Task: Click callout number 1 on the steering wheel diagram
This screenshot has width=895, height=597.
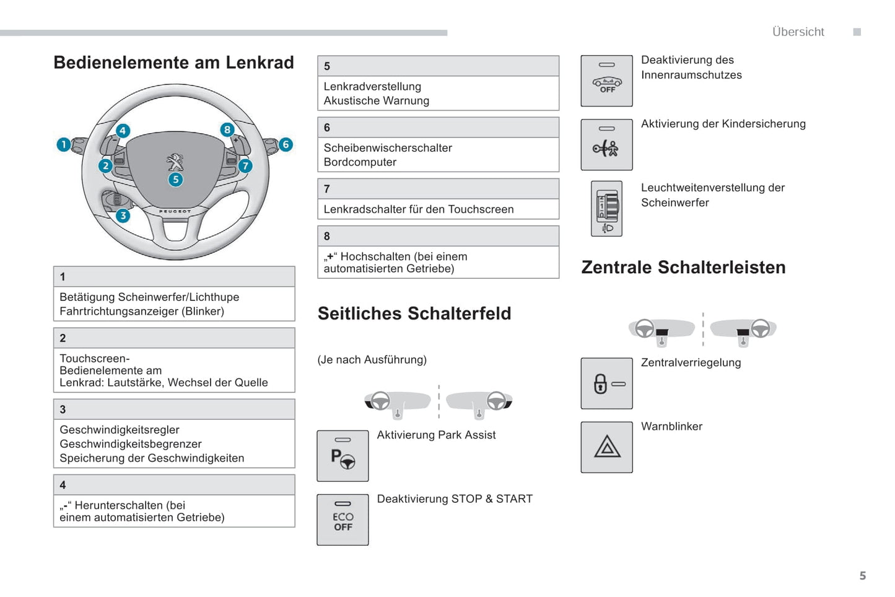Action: [x=63, y=145]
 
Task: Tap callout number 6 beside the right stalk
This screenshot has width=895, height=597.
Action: [x=286, y=144]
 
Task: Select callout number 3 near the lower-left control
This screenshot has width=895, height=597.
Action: [x=123, y=216]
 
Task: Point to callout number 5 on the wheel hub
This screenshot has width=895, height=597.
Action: [x=176, y=180]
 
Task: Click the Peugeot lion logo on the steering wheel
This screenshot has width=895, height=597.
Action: [x=175, y=162]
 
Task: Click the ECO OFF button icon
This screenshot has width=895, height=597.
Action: [x=343, y=520]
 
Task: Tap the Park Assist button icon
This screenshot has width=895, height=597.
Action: [x=343, y=456]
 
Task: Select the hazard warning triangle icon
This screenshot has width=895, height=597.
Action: [x=607, y=447]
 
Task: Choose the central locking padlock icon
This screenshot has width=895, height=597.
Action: [x=606, y=383]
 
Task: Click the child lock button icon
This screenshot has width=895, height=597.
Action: [x=606, y=145]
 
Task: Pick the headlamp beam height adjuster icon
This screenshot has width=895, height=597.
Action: [x=607, y=209]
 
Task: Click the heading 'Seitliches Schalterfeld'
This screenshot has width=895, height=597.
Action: [x=414, y=313]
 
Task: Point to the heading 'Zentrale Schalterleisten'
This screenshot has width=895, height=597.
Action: [x=683, y=268]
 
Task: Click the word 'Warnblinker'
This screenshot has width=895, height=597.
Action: [x=671, y=427]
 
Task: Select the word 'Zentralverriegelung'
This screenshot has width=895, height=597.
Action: [x=691, y=363]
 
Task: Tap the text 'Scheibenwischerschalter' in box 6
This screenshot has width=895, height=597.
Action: [x=388, y=148]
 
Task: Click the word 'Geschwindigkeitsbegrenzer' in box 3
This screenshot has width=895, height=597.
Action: [x=131, y=444]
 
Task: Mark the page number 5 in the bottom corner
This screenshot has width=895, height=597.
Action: [x=863, y=576]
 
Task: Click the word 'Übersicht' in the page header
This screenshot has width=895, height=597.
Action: [x=798, y=32]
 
